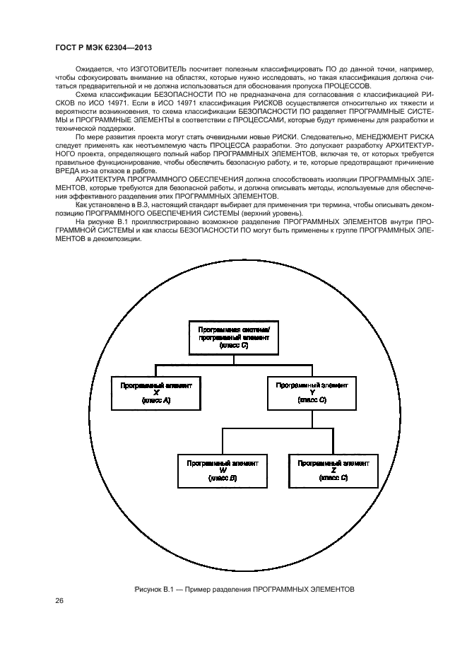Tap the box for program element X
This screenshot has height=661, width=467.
pos(156,392)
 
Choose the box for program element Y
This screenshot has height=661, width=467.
pos(312,392)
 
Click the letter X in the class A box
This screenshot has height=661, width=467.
pos(156,393)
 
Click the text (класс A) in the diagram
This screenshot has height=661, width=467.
pos(156,401)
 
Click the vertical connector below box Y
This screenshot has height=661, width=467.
pos(312,419)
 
